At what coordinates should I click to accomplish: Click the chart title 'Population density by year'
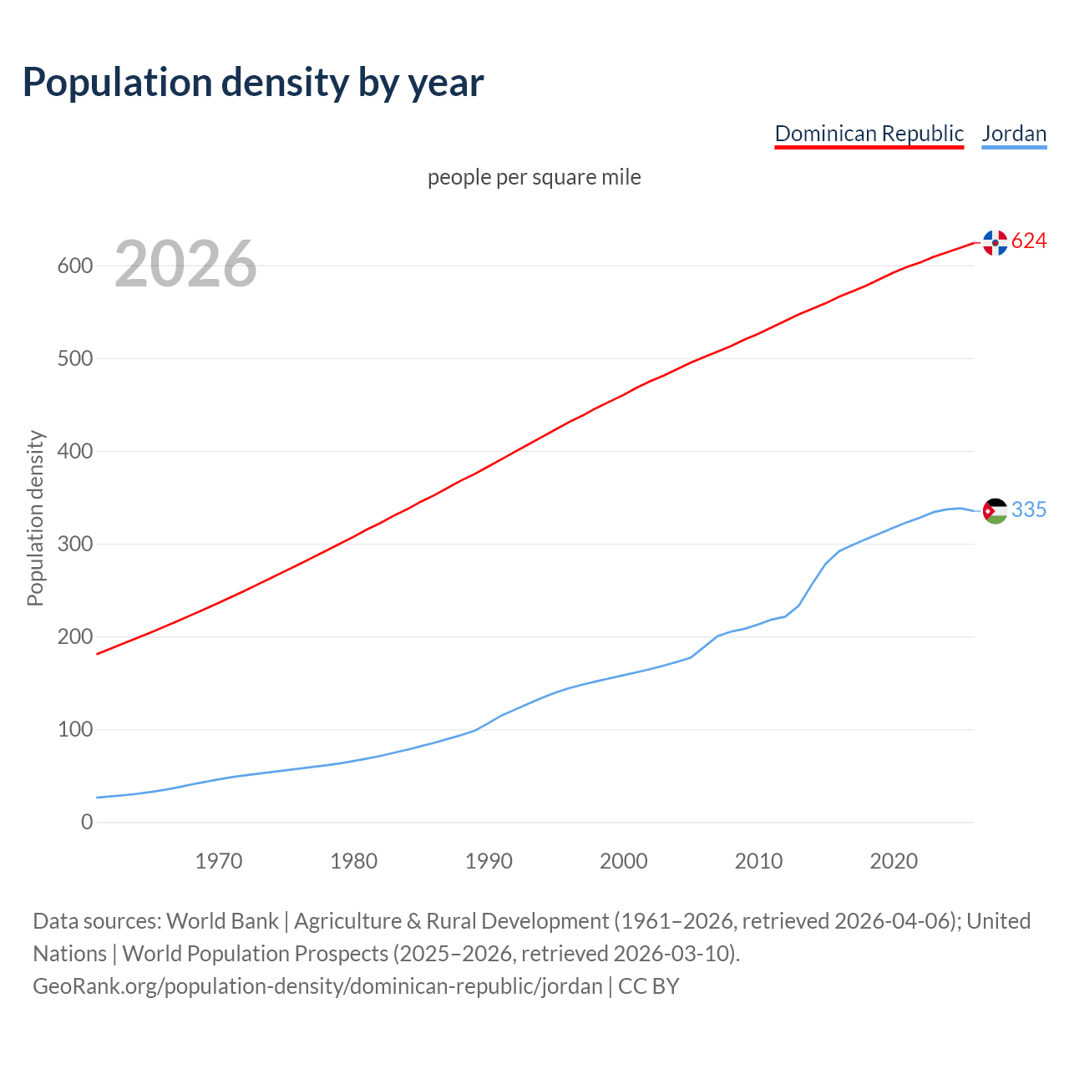tap(253, 82)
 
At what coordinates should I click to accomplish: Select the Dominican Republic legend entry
tap(869, 134)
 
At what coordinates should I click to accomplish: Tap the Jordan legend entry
tap(1014, 134)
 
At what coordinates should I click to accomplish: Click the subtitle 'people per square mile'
tap(534, 177)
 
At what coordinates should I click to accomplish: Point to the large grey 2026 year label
tap(185, 264)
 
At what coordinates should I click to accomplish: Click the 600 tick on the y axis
tap(74, 266)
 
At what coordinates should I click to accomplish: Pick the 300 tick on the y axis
tap(74, 544)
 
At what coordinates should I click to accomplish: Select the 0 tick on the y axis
tap(87, 822)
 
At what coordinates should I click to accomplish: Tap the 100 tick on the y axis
tap(74, 729)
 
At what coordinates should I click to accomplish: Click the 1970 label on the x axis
tap(219, 860)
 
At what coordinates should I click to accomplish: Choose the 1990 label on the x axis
tap(489, 860)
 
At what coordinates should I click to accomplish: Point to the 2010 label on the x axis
tap(758, 860)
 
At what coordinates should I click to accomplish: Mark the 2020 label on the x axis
tap(894, 860)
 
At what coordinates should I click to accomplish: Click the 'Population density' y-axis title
tap(35, 518)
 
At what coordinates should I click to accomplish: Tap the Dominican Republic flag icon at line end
tap(995, 242)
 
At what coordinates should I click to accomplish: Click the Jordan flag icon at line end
tap(995, 510)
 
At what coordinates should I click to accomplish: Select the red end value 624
tap(1029, 241)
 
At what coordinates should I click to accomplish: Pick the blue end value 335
tap(1029, 509)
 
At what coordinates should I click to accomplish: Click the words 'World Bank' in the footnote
tap(222, 920)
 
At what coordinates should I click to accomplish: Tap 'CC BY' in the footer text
tap(649, 985)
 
